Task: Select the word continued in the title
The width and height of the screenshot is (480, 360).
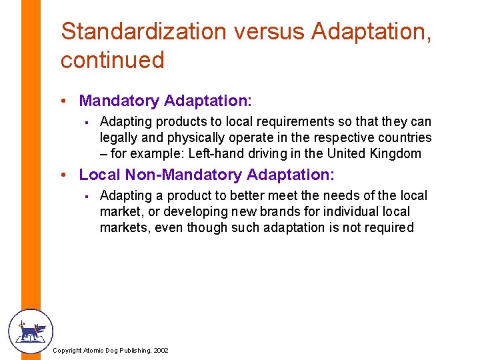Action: click(112, 60)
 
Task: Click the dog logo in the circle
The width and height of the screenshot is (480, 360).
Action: click(30, 331)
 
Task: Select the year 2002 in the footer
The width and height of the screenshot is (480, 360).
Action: click(161, 351)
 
